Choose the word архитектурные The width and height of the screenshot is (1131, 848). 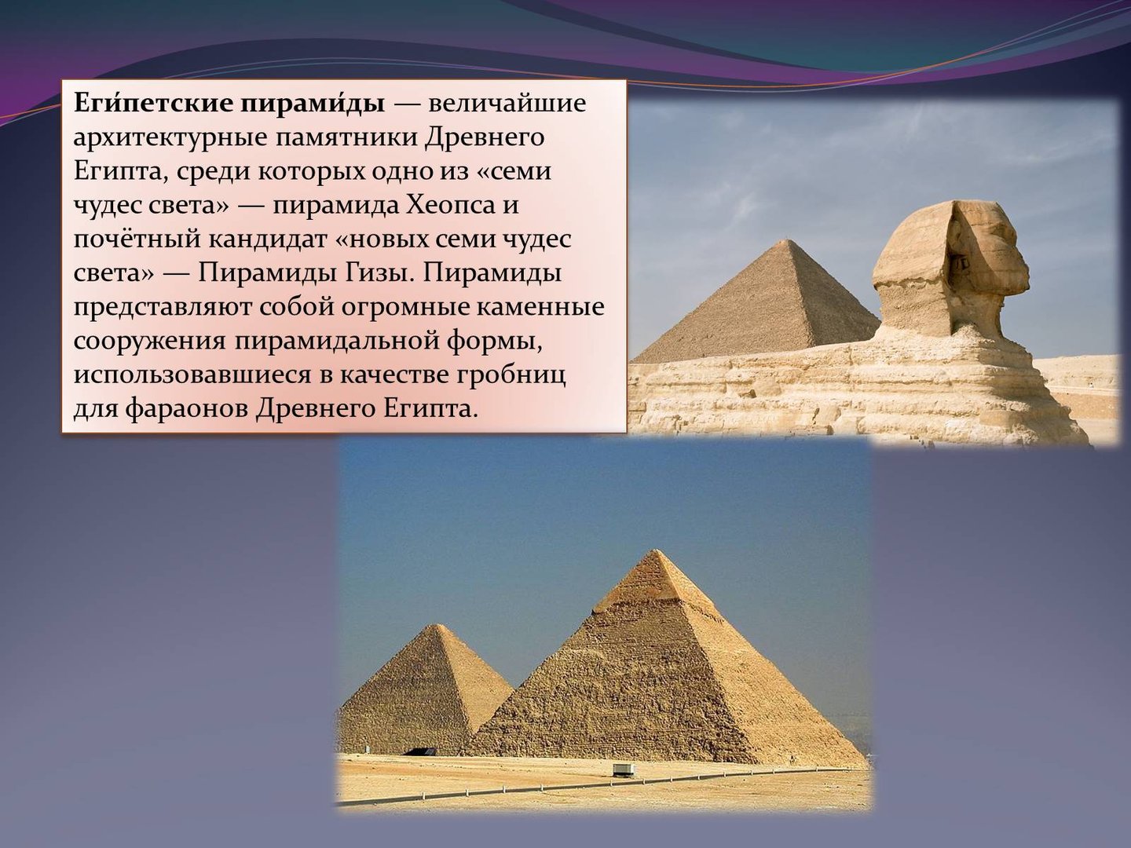coord(170,139)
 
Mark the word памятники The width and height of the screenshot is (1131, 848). coord(345,139)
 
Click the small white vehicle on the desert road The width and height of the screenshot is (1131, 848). coord(624,770)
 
